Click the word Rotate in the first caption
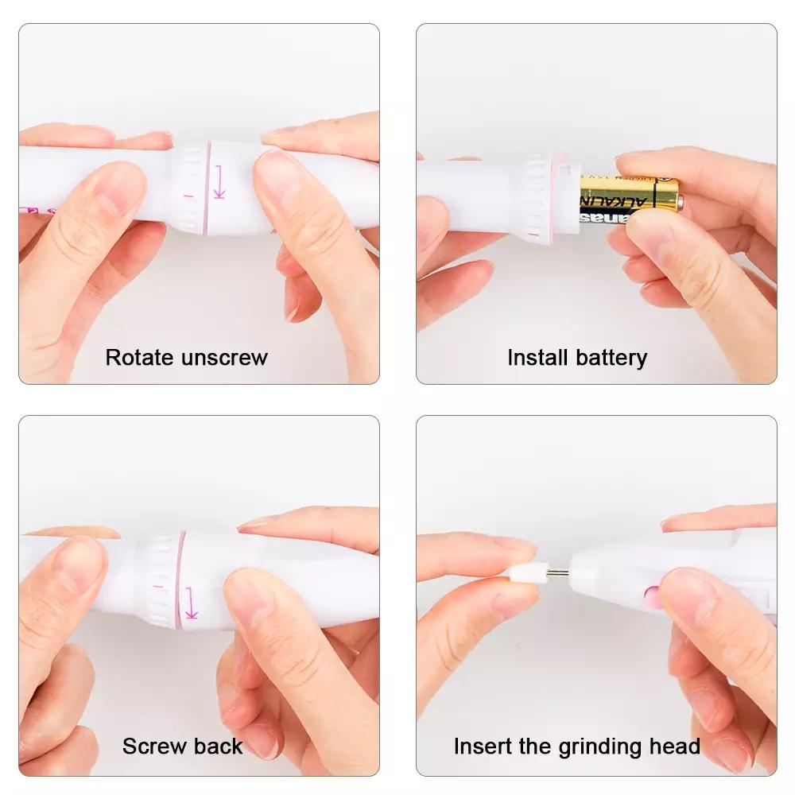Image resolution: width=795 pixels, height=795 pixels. tap(141, 358)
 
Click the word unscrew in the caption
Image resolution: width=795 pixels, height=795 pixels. tap(225, 358)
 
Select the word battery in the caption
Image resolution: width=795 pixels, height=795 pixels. tap(612, 358)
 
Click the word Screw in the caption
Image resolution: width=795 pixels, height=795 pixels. tap(152, 747)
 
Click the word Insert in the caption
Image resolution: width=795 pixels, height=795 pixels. tap(480, 747)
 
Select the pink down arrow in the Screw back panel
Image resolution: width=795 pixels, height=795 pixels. tap(191, 603)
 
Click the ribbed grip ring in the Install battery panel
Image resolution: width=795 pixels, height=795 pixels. tap(537, 199)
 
